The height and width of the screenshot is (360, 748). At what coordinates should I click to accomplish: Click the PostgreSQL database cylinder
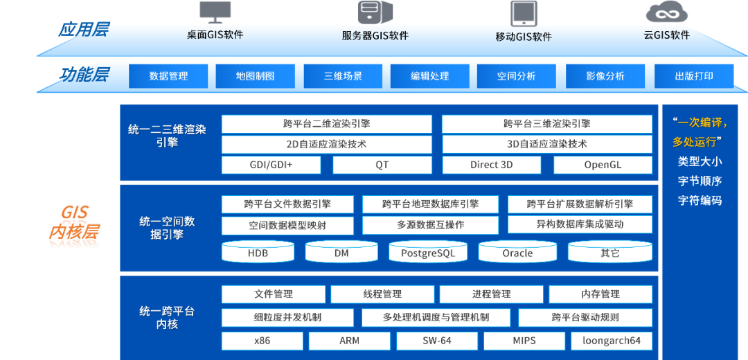click(428, 253)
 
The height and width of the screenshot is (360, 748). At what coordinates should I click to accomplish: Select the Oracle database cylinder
click(517, 253)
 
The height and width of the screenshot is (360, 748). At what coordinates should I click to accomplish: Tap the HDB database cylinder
click(258, 253)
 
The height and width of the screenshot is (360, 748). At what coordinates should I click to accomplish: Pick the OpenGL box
click(603, 165)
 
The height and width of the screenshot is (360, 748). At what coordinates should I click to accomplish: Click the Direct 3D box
click(491, 165)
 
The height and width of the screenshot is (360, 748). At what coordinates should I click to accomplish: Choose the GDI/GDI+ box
click(271, 165)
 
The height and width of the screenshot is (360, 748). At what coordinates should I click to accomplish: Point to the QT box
click(382, 165)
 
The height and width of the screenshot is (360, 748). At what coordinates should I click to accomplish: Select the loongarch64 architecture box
click(612, 341)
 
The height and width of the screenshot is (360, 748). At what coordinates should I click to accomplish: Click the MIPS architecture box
click(524, 341)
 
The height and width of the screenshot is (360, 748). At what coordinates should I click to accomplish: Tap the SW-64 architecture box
click(437, 341)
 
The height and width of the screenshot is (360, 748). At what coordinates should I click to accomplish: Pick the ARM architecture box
click(349, 341)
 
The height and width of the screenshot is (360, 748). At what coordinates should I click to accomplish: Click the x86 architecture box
click(262, 341)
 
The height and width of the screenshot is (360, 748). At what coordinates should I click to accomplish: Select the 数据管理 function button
click(168, 76)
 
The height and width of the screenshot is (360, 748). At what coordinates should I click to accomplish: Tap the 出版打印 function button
click(694, 76)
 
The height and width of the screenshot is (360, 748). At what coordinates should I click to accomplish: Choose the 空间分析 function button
click(516, 76)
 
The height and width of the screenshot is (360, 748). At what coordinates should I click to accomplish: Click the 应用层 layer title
click(83, 30)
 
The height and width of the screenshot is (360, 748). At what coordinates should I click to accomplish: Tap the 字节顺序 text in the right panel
click(700, 181)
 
